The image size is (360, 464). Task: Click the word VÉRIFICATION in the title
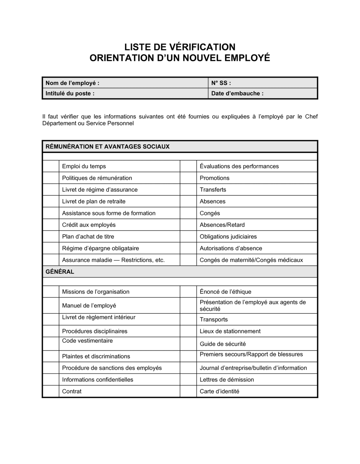197,47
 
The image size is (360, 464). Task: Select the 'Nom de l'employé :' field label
72,83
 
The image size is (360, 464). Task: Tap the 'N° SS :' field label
221,83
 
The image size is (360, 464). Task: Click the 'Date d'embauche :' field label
237,94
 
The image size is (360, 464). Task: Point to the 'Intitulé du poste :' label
70,94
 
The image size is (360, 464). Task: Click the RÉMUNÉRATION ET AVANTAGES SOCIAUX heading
107,146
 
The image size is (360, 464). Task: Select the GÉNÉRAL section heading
60,272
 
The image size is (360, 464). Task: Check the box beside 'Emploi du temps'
51,166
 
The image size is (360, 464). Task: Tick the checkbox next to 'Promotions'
188,178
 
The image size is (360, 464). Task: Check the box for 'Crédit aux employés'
51,225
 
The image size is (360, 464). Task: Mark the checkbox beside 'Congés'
188,213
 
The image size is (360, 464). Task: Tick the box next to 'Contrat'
51,391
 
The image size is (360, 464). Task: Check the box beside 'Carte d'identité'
188,391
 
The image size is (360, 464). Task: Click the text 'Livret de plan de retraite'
94,201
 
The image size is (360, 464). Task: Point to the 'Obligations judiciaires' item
228,237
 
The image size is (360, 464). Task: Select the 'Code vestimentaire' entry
87,341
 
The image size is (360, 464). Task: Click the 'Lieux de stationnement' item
230,331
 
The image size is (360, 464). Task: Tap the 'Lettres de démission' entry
227,379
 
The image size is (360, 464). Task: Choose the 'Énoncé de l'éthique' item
225,292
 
